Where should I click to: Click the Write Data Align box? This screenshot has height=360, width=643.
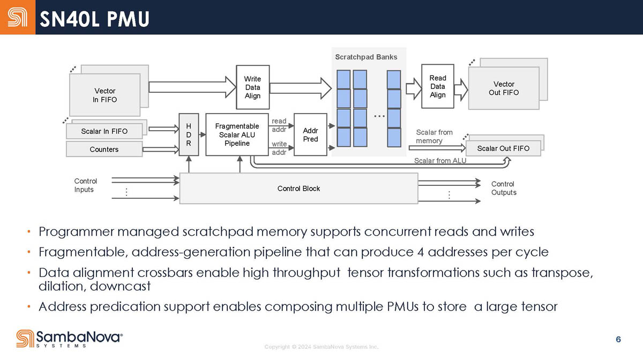(252, 87)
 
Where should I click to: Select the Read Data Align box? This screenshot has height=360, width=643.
(437, 86)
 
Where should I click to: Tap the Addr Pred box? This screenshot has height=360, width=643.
(310, 135)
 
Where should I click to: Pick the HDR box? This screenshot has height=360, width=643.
(189, 135)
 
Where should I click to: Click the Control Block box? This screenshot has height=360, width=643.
(298, 189)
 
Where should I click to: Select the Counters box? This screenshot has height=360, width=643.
(104, 149)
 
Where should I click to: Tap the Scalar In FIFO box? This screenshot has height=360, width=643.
(104, 131)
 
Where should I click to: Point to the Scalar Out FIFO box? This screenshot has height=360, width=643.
(503, 148)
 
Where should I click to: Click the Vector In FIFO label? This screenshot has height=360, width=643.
(105, 95)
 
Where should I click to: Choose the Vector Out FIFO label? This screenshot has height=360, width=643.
(504, 88)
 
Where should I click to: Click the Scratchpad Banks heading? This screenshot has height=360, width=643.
(366, 57)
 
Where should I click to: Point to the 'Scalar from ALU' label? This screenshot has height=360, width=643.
(440, 161)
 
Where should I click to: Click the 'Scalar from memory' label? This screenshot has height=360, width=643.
(433, 137)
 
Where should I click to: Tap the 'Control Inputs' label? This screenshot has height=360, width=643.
(85, 185)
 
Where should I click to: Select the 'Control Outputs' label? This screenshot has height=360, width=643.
(504, 188)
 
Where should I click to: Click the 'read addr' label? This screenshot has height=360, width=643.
(279, 125)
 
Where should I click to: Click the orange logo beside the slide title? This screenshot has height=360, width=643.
(18, 17)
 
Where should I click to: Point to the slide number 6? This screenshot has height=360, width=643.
(618, 339)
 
